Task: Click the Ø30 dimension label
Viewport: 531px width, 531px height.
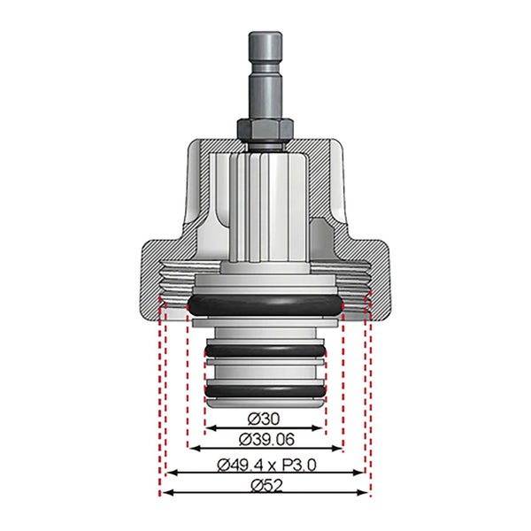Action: pos(264,419)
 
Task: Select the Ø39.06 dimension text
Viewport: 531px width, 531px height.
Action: pos(266,440)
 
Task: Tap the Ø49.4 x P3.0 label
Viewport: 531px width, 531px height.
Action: pos(266,465)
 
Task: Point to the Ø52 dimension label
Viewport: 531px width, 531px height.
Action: pos(266,486)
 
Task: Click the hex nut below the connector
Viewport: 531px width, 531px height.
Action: pos(265,128)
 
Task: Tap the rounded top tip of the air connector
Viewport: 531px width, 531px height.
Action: pos(265,34)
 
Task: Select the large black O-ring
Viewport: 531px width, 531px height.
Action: pos(265,304)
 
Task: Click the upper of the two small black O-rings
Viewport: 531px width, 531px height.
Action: pos(265,350)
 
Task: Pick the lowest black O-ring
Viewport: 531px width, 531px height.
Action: pos(265,391)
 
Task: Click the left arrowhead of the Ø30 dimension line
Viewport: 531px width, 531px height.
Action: pos(209,428)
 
